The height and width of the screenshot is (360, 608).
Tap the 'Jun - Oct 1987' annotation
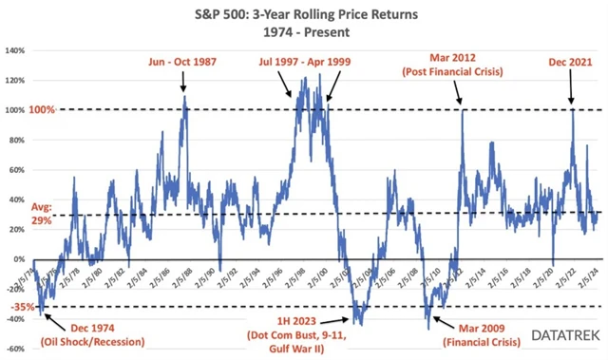(183, 64)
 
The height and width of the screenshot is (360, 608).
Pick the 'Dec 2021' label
(571, 64)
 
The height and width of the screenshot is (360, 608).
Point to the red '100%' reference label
(16, 110)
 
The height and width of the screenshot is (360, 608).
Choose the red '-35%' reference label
(16, 307)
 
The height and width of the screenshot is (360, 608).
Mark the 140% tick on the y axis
(16, 51)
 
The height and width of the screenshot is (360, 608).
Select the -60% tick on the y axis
(16, 350)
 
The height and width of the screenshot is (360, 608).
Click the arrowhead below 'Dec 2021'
(571, 102)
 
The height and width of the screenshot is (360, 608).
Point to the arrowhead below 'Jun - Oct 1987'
(183, 94)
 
